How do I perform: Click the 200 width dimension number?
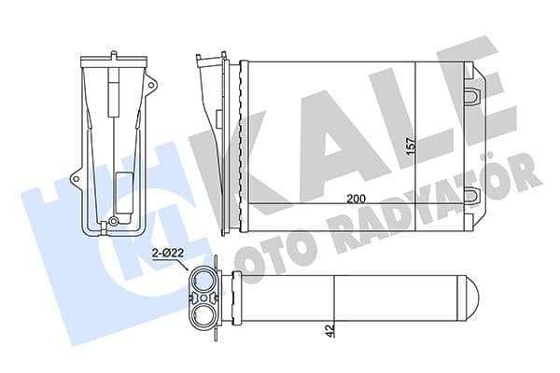pyautogui.click(x=355, y=198)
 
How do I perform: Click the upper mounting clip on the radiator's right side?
pyautogui.click(x=474, y=92)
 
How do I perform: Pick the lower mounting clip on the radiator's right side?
pyautogui.click(x=474, y=195)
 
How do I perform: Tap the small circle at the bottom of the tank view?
pyautogui.click(x=113, y=222)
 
